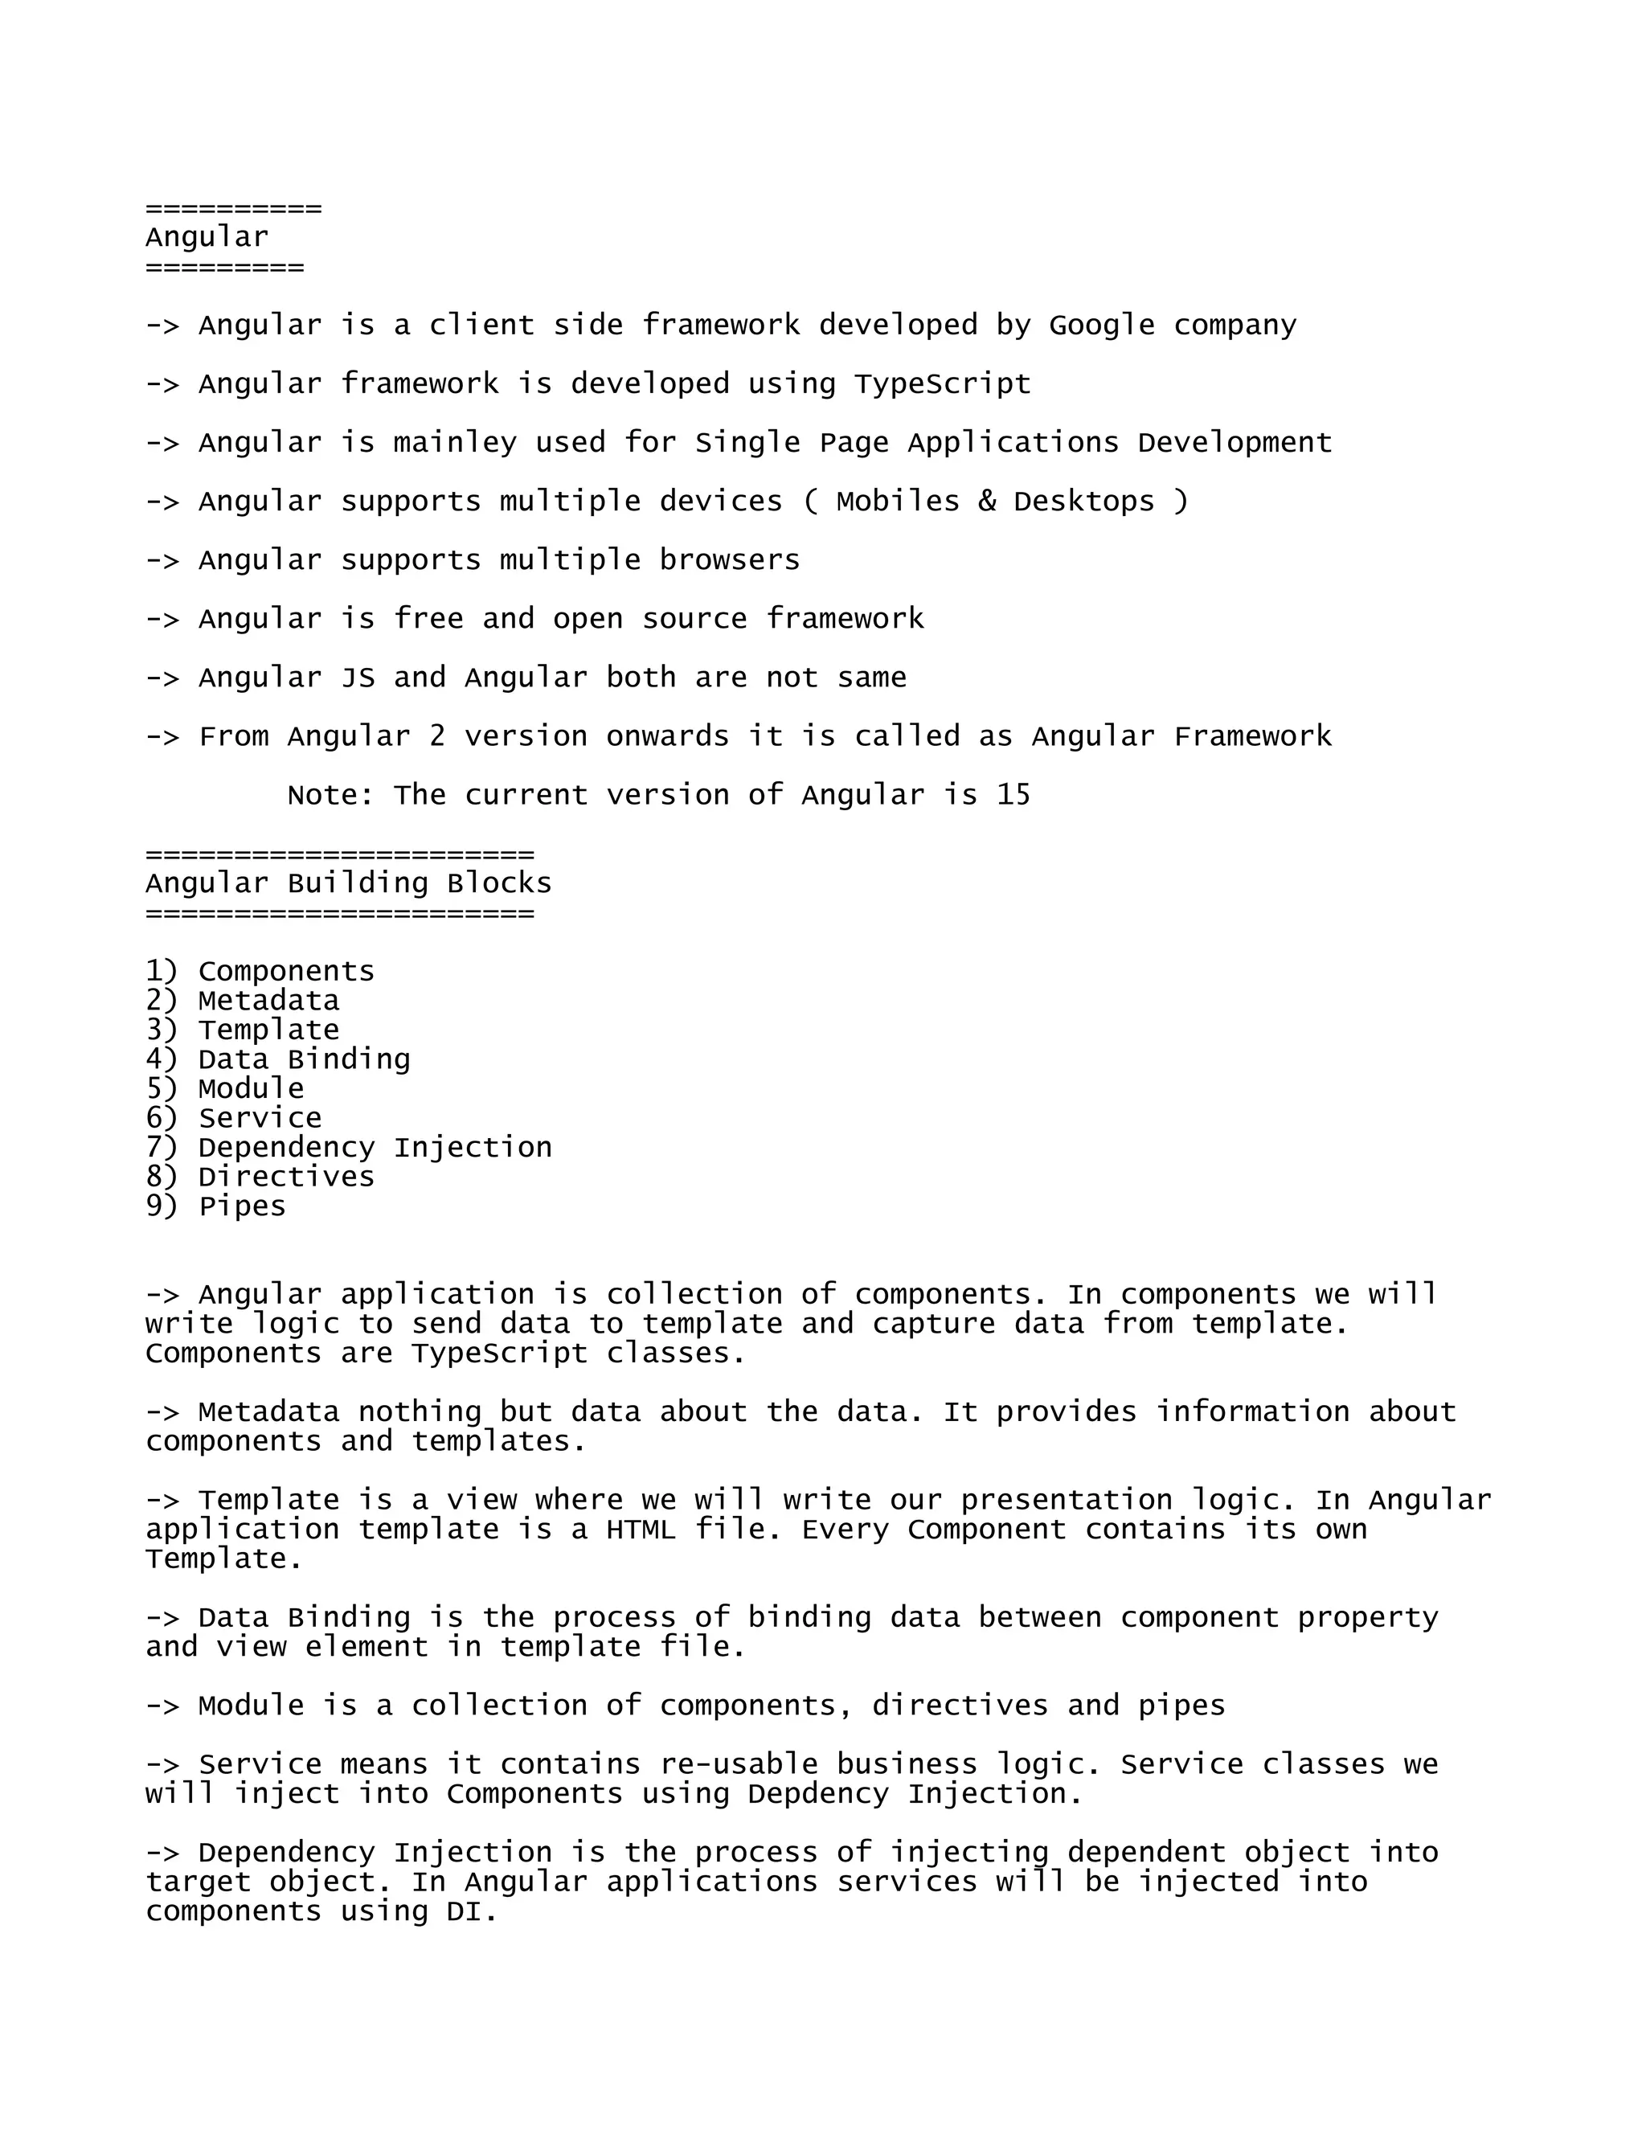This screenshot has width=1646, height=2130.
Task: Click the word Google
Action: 1101,325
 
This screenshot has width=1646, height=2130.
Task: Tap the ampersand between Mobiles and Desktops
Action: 987,502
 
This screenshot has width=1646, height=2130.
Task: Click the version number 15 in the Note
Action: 1013,795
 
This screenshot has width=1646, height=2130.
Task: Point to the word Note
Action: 330,795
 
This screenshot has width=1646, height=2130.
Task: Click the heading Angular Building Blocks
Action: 348,883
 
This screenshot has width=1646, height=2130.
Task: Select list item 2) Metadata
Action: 243,1001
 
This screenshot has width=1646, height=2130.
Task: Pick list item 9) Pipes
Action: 215,1206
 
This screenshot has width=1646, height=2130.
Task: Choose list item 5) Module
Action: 225,1088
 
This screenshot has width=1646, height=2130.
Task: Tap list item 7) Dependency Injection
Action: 349,1148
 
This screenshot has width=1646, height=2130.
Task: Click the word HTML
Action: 641,1530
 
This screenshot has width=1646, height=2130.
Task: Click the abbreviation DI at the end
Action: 472,1911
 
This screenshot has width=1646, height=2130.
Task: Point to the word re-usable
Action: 738,1764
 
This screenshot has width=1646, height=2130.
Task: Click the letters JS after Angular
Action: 357,678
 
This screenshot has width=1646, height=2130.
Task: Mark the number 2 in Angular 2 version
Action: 437,736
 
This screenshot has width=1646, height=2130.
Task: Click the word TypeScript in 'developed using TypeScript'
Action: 942,384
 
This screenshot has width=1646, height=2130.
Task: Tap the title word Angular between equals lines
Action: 207,237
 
